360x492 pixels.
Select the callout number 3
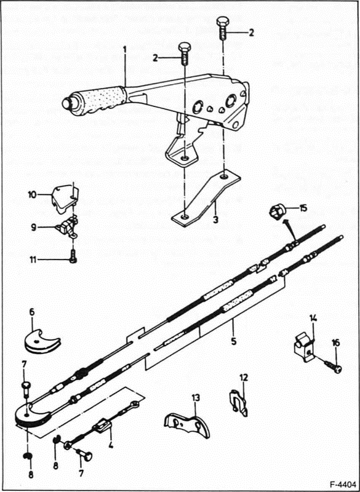[215, 220]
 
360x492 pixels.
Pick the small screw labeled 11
[73, 260]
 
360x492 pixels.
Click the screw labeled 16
[334, 367]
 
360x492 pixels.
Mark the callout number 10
[33, 196]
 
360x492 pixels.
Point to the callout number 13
[196, 398]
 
